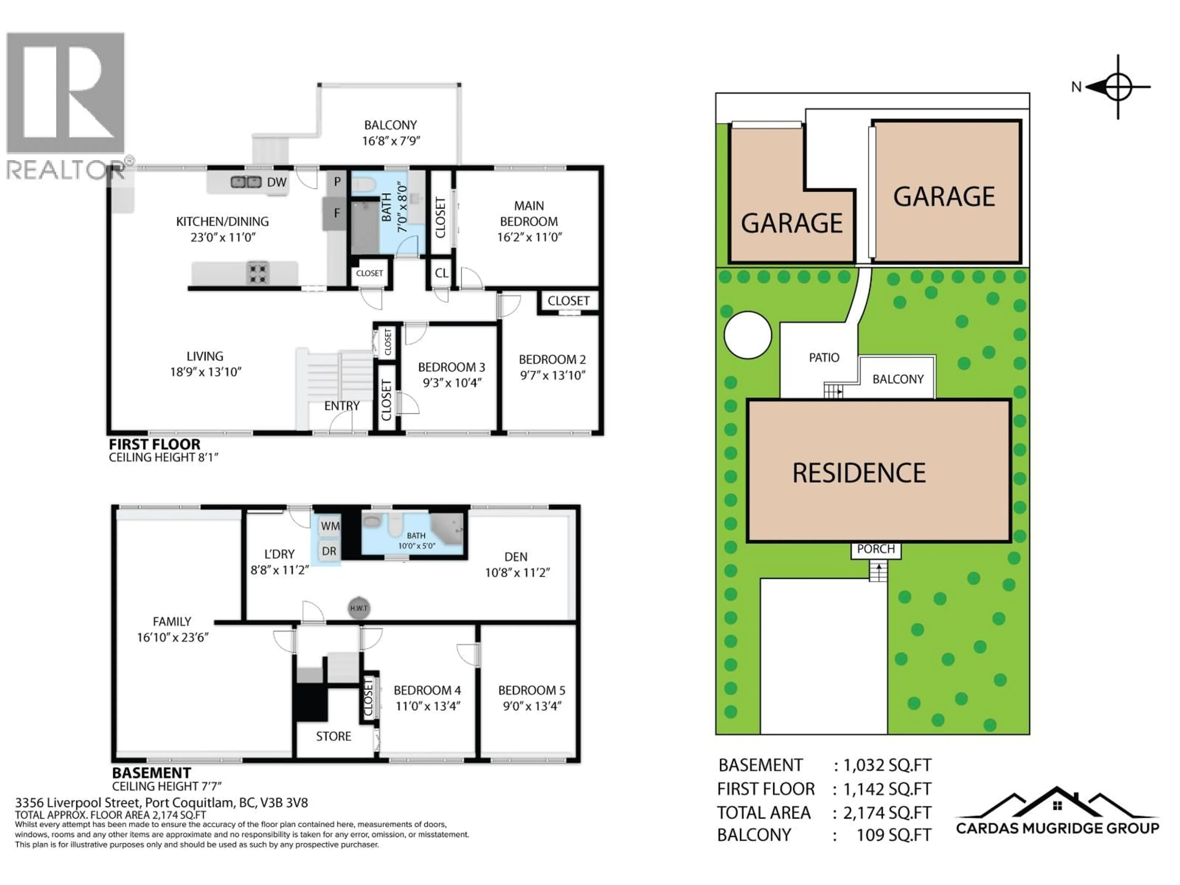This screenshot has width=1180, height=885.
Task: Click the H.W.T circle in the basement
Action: click(x=359, y=608)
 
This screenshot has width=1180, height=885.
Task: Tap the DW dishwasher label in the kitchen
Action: click(x=276, y=183)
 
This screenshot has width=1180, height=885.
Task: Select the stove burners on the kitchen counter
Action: click(x=258, y=273)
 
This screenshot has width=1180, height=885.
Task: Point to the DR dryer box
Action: click(x=329, y=551)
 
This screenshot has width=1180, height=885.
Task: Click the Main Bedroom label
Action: click(x=529, y=213)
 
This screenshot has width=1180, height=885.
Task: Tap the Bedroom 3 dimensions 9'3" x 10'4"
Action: click(x=452, y=383)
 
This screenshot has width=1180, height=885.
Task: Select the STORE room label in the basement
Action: click(x=333, y=736)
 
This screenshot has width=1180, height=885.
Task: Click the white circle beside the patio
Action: click(x=747, y=335)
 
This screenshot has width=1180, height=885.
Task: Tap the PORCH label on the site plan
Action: click(x=875, y=549)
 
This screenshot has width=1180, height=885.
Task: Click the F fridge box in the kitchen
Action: click(x=336, y=213)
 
